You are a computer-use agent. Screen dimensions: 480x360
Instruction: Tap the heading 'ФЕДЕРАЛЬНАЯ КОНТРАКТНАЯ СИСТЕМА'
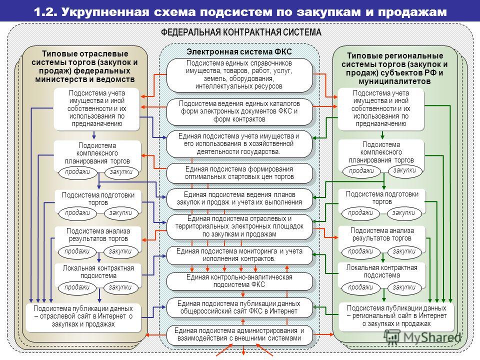[x=241, y=32]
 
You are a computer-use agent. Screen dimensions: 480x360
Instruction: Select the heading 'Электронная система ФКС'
[x=239, y=51]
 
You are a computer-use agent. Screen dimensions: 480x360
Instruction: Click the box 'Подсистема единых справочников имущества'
[x=239, y=75]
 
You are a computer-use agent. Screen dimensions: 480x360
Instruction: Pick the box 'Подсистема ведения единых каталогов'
[x=239, y=111]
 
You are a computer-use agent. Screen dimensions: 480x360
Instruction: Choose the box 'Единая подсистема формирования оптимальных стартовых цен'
[x=239, y=173]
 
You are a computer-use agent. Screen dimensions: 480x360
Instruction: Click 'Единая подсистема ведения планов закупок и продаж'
[x=239, y=198]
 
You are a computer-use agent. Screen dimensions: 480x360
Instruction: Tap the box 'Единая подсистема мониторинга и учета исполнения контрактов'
[x=239, y=255]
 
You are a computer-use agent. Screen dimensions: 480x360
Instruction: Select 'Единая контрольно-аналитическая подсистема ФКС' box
[x=239, y=281]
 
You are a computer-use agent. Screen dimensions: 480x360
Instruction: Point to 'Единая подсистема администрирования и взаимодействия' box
[x=239, y=335]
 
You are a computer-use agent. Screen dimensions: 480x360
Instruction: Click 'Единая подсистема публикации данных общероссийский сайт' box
[x=239, y=307]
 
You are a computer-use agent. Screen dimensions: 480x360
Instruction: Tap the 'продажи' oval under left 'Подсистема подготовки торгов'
[x=77, y=213]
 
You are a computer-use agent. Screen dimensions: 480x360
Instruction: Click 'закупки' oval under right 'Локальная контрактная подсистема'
[x=404, y=287]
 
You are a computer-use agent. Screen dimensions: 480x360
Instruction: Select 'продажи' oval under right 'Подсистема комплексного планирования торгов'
[x=361, y=171]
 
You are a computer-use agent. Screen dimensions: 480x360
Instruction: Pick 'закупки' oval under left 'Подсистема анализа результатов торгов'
[x=120, y=251]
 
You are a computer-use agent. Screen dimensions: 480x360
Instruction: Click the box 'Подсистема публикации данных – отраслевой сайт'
[x=83, y=317]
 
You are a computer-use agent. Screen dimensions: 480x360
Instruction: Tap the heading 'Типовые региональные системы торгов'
[x=395, y=68]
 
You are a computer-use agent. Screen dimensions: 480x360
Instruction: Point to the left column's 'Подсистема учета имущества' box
[x=96, y=108]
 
